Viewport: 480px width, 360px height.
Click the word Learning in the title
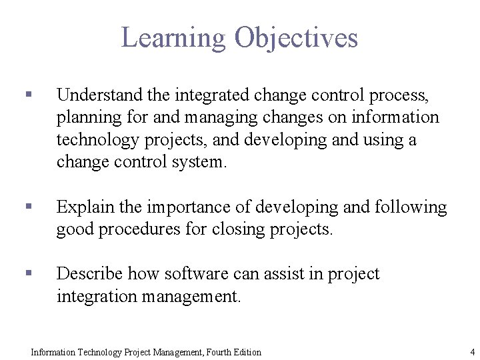174,38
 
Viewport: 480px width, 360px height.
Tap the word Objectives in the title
296,38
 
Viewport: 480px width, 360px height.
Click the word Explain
85,207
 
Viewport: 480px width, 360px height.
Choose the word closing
239,230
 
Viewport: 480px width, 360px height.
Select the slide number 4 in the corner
472,351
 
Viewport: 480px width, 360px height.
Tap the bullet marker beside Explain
28,208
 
